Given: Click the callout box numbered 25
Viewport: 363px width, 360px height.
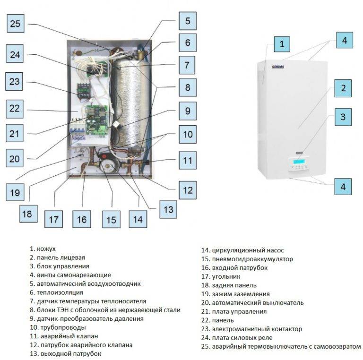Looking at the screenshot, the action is [16, 23].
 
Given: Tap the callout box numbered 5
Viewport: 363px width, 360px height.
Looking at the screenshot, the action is [188, 21].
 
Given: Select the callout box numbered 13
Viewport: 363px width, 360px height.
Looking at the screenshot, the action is [168, 209].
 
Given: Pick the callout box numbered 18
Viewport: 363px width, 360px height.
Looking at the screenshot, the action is [28, 214].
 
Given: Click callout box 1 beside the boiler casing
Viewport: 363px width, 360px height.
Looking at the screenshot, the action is [282, 44].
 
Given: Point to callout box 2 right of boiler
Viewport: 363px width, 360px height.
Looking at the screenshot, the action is [343, 88].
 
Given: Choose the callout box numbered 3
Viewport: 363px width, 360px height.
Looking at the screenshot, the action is [343, 117].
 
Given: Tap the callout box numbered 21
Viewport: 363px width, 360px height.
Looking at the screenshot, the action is [14, 133].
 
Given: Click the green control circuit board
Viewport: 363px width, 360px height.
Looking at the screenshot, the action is [96, 120].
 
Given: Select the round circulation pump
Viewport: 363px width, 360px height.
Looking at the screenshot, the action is [109, 165].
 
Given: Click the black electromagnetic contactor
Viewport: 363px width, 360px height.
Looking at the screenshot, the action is [84, 91].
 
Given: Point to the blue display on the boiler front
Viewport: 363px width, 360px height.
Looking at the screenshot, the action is [298, 161].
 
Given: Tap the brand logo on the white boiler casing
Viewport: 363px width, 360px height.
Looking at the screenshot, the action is [278, 67].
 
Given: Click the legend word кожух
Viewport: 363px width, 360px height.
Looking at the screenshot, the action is [46, 249].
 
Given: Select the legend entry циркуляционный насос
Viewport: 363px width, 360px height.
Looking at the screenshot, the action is [242, 250].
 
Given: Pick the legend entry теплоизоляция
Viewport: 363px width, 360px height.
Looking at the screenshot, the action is [56, 292].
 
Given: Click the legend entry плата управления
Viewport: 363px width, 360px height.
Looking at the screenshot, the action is [234, 312].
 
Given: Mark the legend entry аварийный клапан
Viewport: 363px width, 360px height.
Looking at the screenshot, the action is [64, 336].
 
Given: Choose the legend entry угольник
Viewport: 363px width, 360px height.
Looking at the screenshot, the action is [221, 276].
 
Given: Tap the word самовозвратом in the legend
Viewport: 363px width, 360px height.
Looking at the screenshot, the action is [337, 347].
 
